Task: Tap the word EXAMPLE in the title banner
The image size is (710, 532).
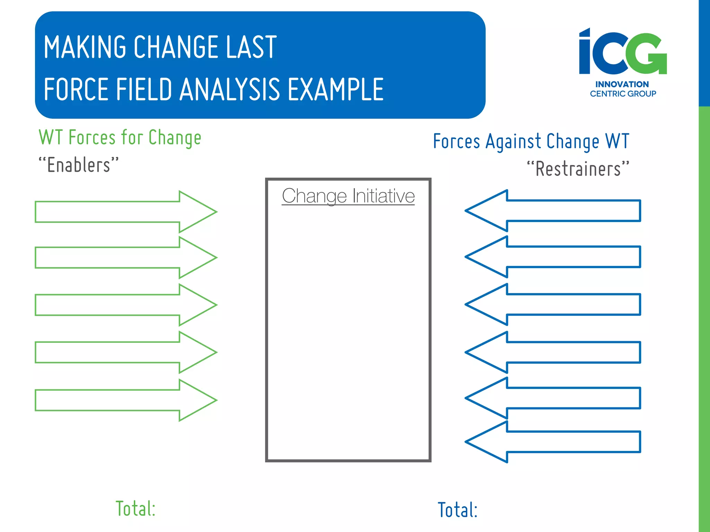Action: (336, 89)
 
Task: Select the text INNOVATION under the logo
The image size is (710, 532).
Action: (622, 84)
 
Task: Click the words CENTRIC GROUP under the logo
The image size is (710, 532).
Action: (623, 94)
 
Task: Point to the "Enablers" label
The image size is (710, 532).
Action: (79, 165)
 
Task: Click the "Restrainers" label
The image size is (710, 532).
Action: (578, 169)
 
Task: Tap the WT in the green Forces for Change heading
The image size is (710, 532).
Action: (51, 137)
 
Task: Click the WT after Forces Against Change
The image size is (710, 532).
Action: (617, 141)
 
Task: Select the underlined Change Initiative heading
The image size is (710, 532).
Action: (348, 196)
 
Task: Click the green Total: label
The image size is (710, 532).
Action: (136, 508)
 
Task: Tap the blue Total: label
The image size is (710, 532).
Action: (458, 510)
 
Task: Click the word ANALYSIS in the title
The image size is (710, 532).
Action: (230, 89)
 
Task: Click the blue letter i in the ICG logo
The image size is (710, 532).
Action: (585, 52)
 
